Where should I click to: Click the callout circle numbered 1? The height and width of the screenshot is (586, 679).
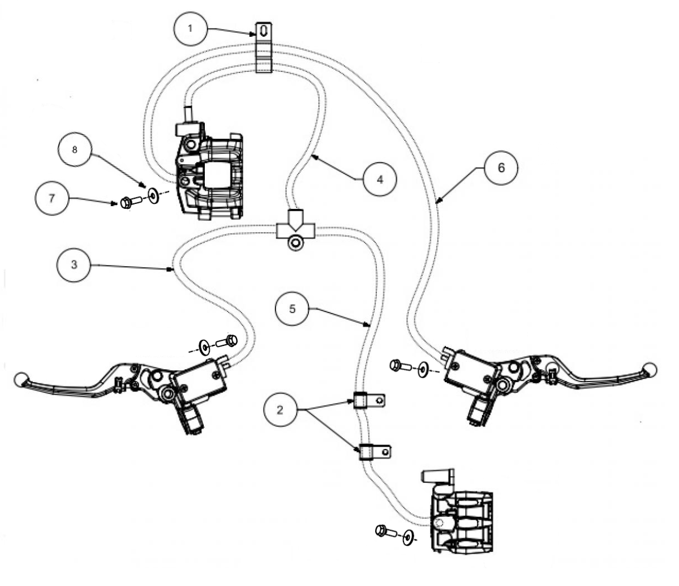click(190, 28)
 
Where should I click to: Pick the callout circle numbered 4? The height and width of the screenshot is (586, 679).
click(380, 179)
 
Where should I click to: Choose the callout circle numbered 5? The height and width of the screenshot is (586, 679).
click(292, 309)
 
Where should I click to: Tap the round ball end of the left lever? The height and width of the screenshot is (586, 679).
click(20, 379)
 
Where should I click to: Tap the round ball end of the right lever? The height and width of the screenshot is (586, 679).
click(650, 369)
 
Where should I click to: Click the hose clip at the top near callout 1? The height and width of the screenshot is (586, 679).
click(264, 48)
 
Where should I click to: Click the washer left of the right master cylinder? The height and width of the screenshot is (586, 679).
click(422, 370)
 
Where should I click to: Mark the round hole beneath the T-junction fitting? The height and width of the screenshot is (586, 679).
click(294, 244)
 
